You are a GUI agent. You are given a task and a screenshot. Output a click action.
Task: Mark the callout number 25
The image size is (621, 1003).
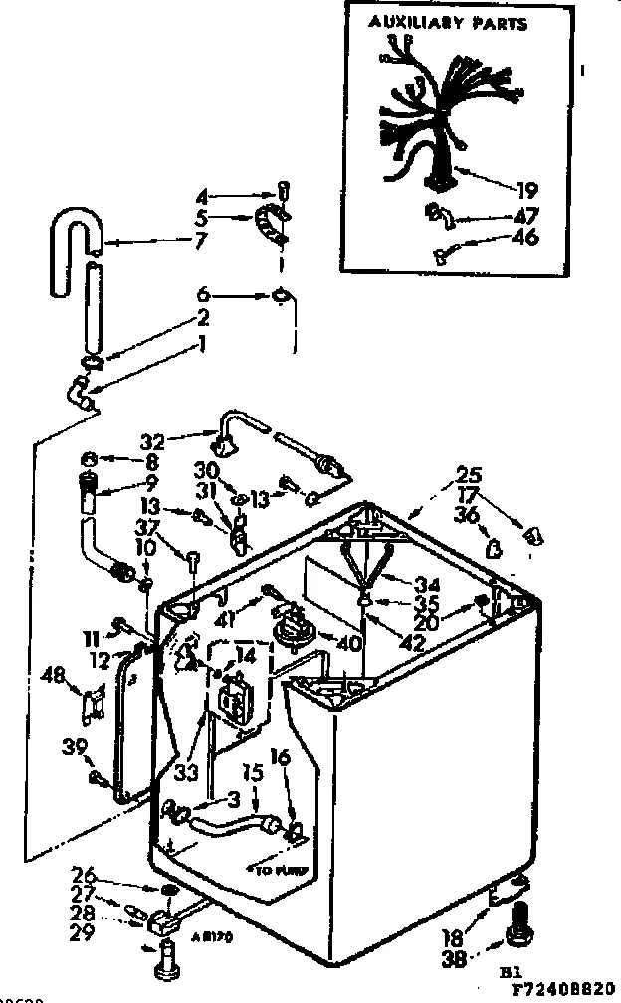pos(469,474)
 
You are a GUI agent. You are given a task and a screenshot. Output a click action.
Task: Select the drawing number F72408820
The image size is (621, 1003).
pos(562,991)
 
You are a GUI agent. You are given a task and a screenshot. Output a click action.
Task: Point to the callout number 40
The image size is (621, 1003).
pos(347,642)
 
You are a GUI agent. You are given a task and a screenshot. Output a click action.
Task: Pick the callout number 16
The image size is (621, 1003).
pos(279,758)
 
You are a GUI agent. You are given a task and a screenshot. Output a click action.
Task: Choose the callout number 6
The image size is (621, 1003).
pos(204,295)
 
